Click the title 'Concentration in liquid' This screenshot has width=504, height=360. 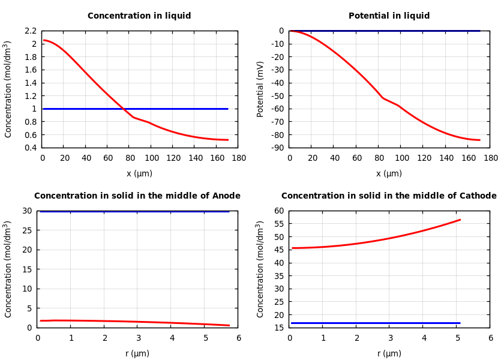139,16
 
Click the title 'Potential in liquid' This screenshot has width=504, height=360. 389,16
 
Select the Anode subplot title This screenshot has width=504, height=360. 137,196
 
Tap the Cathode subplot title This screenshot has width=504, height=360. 389,196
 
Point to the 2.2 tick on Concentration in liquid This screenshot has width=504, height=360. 30,31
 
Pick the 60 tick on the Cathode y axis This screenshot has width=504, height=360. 278,211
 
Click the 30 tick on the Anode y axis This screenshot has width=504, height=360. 26,211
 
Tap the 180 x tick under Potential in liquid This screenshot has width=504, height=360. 490,158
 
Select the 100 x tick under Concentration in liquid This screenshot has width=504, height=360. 151,158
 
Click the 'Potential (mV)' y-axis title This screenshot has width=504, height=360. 260,89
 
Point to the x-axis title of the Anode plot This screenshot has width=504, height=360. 137,354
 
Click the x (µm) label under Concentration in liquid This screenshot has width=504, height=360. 139,174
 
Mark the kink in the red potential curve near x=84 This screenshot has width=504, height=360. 383,98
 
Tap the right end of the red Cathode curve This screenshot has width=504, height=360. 460,220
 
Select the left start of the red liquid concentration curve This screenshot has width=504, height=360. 44,40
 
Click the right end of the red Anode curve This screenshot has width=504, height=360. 229,325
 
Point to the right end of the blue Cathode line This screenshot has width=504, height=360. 460,323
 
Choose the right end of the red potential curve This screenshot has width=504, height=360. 479,140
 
